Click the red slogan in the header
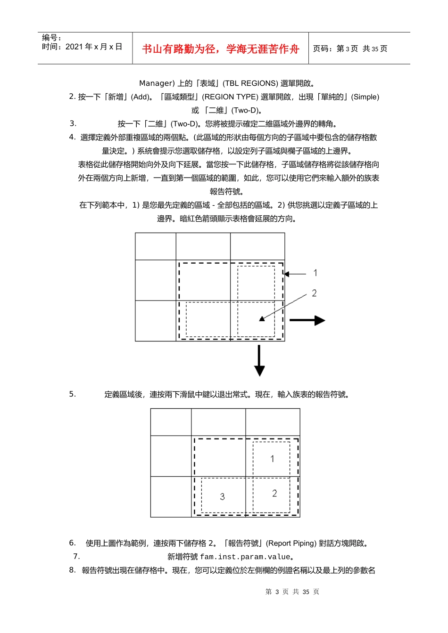[x=220, y=49]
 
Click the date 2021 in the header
[x=74, y=47]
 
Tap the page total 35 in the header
[x=375, y=49]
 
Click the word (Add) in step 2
[x=140, y=97]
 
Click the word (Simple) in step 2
[x=366, y=97]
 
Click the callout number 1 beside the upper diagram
[x=315, y=273]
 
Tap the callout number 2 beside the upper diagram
[x=315, y=293]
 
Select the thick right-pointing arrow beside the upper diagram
[x=307, y=320]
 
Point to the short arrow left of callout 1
[x=295, y=274]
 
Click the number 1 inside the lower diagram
[x=272, y=459]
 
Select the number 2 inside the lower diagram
[x=274, y=493]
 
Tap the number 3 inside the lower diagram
[x=223, y=496]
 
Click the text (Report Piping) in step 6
[x=291, y=543]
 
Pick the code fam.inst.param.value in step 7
[x=245, y=557]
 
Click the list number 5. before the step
[x=72, y=394]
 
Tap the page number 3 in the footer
[x=277, y=592]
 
